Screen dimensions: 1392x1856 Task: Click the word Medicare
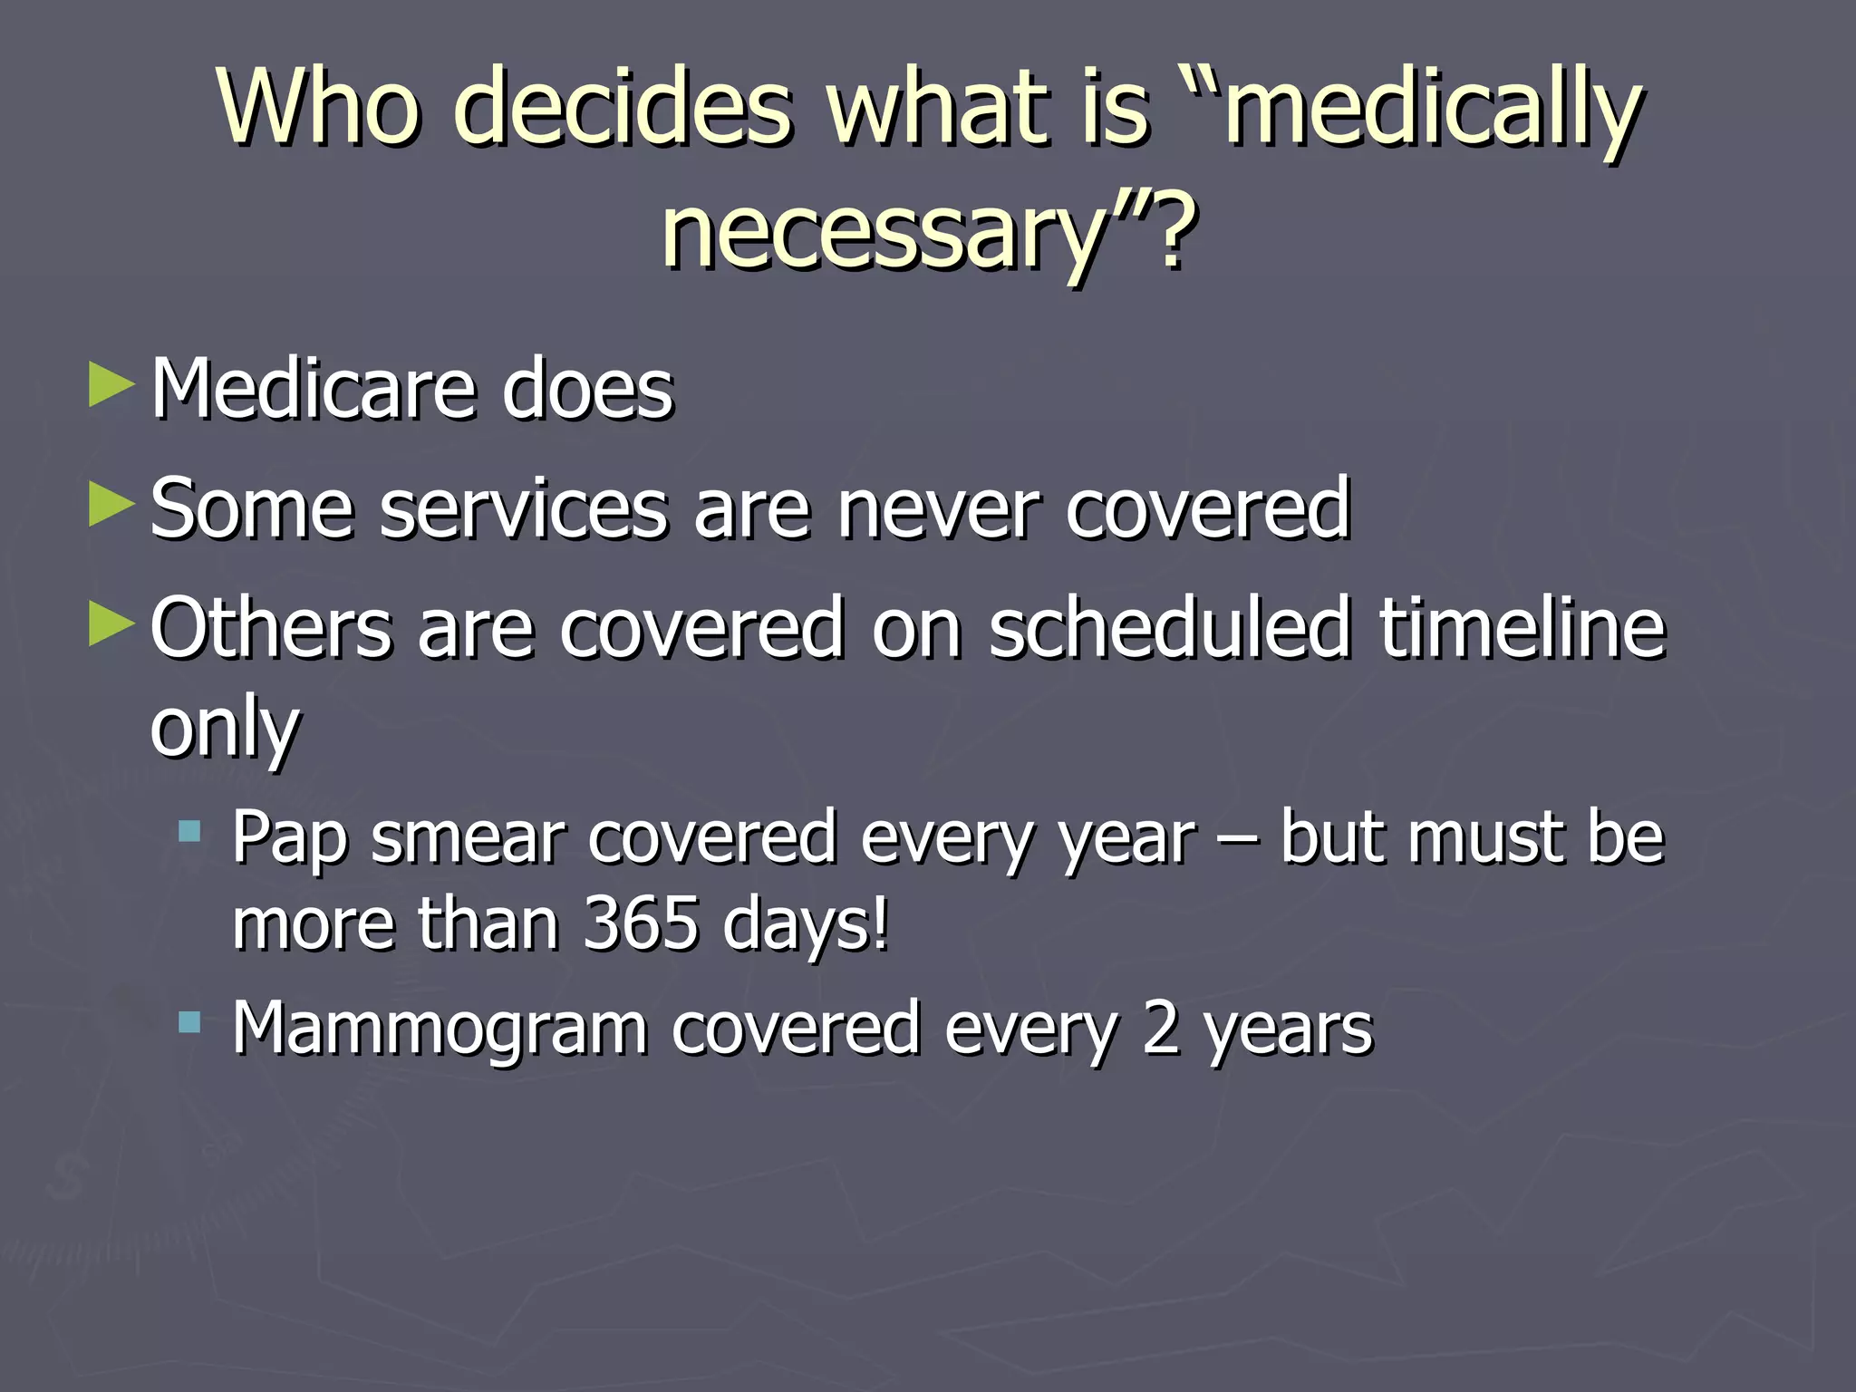click(314, 390)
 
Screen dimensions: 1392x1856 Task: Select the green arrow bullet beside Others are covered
click(112, 625)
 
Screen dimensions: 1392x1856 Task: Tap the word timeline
click(1522, 627)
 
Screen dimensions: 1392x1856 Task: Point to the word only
click(225, 730)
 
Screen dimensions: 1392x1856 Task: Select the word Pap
click(289, 838)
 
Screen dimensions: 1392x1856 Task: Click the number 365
click(641, 924)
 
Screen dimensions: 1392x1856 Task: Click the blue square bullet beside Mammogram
click(189, 1023)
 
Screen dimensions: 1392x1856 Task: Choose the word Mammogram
click(440, 1029)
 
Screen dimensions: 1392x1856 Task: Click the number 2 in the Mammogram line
click(1161, 1029)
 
